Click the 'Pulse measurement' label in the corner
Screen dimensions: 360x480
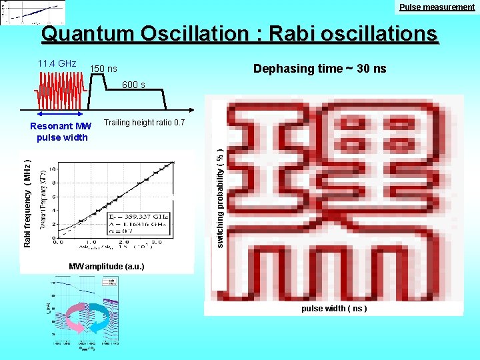(437, 7)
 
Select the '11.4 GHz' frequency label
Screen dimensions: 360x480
(57, 64)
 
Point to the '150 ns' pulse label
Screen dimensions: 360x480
(103, 69)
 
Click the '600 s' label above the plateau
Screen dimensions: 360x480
(133, 85)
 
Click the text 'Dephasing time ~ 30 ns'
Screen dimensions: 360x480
(320, 69)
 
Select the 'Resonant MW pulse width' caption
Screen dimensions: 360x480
(62, 132)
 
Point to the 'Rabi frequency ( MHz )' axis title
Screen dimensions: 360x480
(27, 203)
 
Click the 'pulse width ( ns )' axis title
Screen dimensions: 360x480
(333, 309)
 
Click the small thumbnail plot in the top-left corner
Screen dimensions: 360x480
(33, 13)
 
